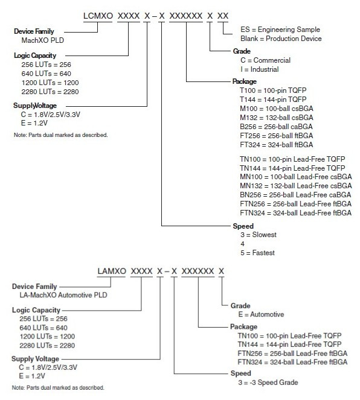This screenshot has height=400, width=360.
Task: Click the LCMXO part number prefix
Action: click(98, 16)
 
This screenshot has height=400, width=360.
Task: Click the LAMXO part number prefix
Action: click(112, 271)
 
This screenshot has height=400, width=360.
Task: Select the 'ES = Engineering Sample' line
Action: click(280, 30)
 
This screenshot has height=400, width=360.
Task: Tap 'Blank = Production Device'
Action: click(281, 39)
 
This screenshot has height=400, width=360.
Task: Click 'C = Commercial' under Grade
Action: click(265, 60)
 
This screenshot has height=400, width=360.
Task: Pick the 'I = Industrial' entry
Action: click(259, 69)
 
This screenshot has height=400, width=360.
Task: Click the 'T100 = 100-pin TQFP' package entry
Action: click(273, 90)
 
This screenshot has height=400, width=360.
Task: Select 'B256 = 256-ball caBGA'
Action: click(276, 127)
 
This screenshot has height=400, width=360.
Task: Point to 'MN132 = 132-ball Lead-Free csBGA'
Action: click(295, 186)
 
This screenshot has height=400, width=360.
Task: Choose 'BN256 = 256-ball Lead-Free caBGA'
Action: click(295, 195)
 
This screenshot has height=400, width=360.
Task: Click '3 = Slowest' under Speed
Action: click(259, 235)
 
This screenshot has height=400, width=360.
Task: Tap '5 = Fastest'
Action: click(257, 253)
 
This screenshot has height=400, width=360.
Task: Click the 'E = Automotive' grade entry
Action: click(261, 314)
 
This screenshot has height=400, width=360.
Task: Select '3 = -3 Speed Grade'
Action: click(268, 383)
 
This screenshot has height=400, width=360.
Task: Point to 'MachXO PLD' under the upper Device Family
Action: click(43, 40)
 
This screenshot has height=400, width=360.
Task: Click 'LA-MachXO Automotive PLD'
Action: click(63, 295)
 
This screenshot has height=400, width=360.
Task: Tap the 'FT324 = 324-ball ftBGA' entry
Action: click(276, 145)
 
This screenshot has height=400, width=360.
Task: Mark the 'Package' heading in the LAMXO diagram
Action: click(243, 327)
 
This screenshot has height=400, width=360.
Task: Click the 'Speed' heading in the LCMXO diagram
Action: click(243, 226)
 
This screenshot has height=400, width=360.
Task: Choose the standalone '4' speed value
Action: click(242, 244)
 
